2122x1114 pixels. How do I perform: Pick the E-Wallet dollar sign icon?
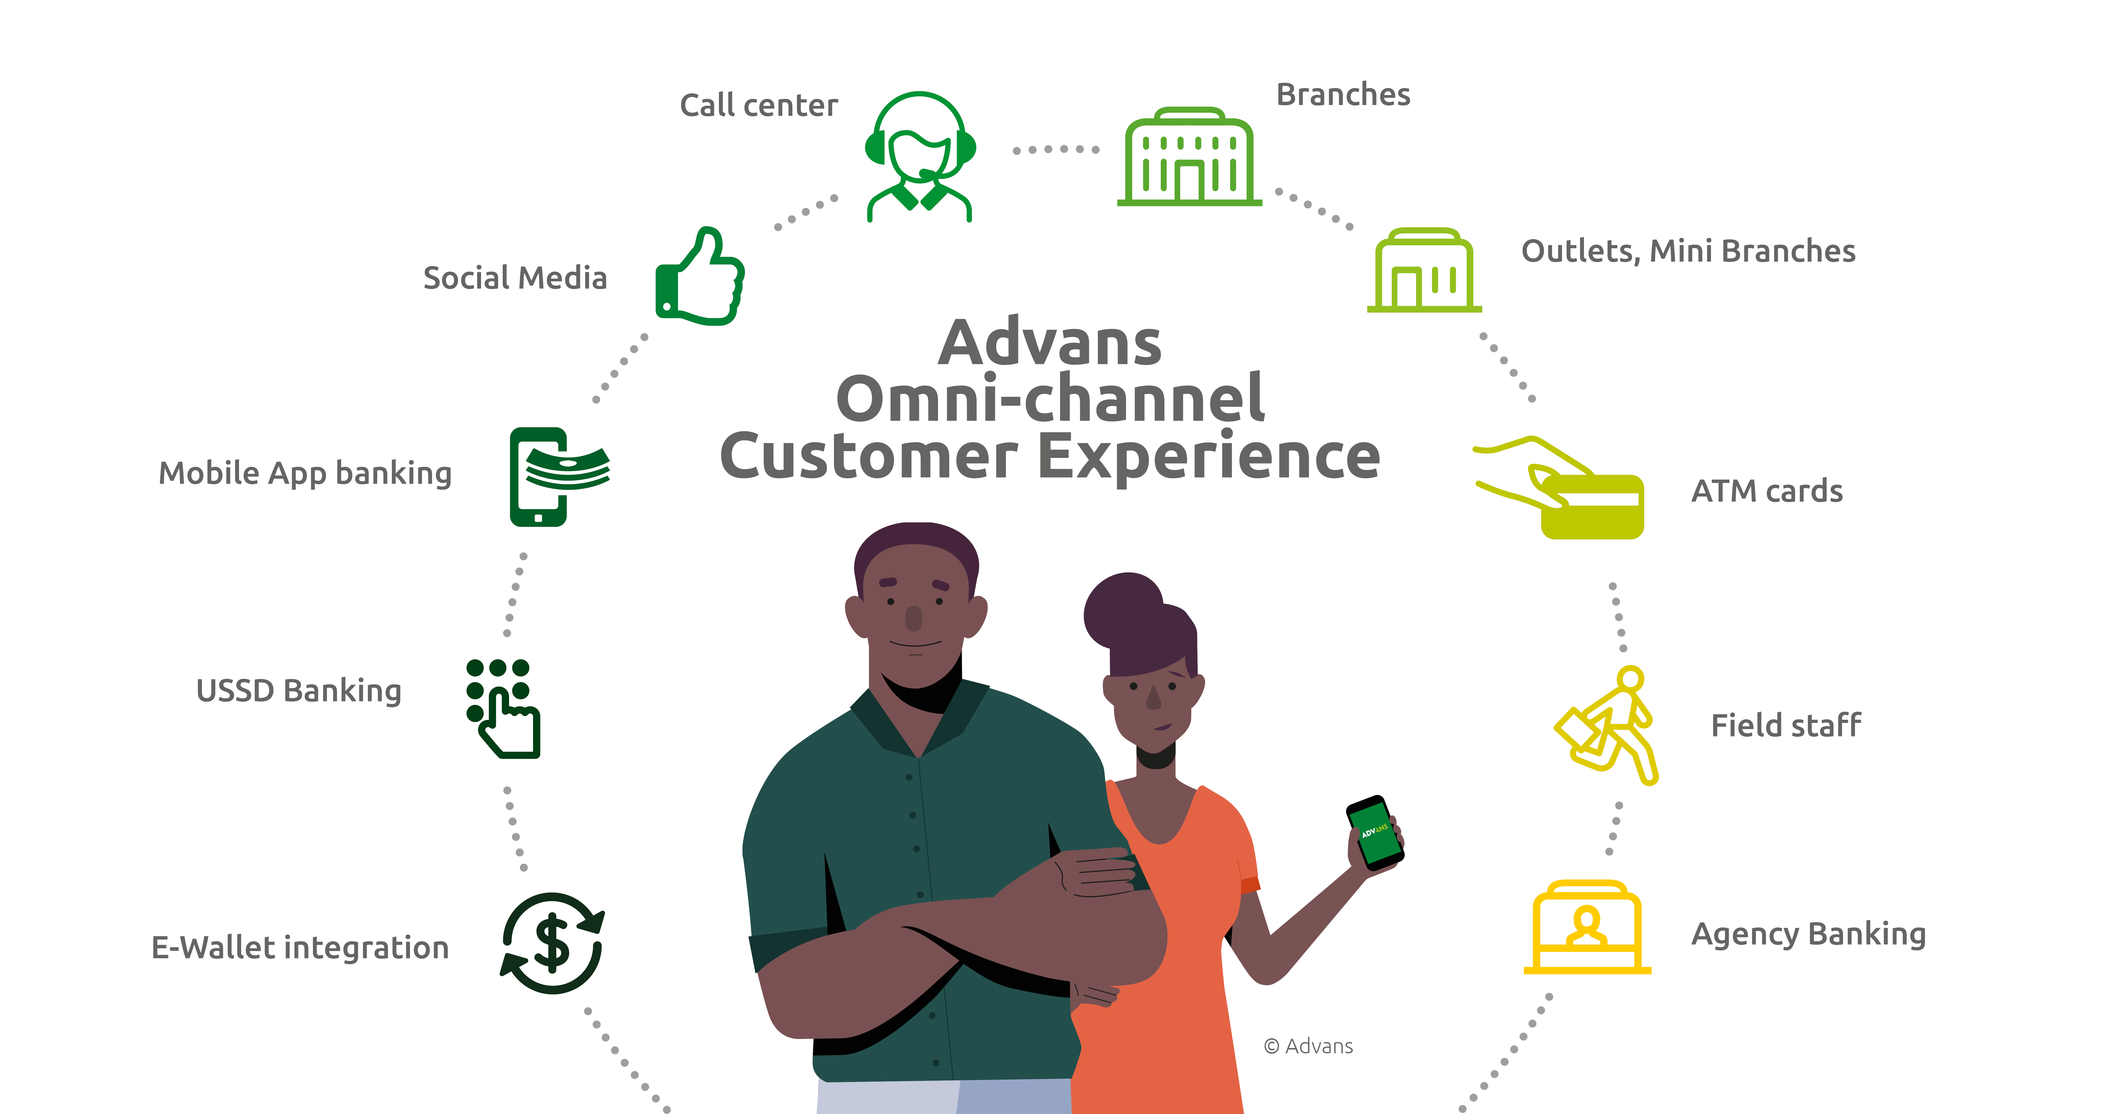(552, 943)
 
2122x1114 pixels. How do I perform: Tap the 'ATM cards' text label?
(1767, 491)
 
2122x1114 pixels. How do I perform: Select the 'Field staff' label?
(1786, 725)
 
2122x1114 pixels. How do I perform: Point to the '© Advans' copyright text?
(1308, 1047)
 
